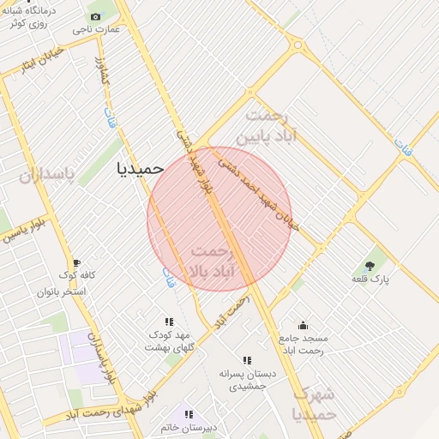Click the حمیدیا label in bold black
coord(140,169)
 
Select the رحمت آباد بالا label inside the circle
coord(211,262)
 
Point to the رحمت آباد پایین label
coord(271,125)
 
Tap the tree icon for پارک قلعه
coord(370,266)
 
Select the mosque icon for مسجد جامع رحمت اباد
coord(302,325)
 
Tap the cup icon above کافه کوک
coord(76,263)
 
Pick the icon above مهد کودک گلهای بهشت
coord(168,321)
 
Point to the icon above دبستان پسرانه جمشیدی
coord(247,360)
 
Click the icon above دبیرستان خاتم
coord(189,414)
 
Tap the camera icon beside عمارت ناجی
coord(94,16)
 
